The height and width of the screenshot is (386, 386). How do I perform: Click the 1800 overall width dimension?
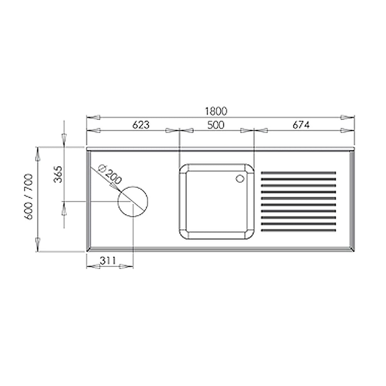(x=216, y=111)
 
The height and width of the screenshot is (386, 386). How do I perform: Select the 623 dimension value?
(x=141, y=125)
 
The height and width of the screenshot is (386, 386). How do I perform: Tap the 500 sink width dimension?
(x=216, y=125)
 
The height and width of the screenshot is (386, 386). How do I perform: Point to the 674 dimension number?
(x=301, y=125)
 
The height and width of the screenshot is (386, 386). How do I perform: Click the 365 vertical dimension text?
(x=58, y=174)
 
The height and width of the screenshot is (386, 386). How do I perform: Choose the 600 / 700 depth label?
(x=28, y=197)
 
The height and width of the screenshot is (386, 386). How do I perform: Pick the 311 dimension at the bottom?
(x=108, y=261)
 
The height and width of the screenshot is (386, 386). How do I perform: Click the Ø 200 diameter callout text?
(x=110, y=174)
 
